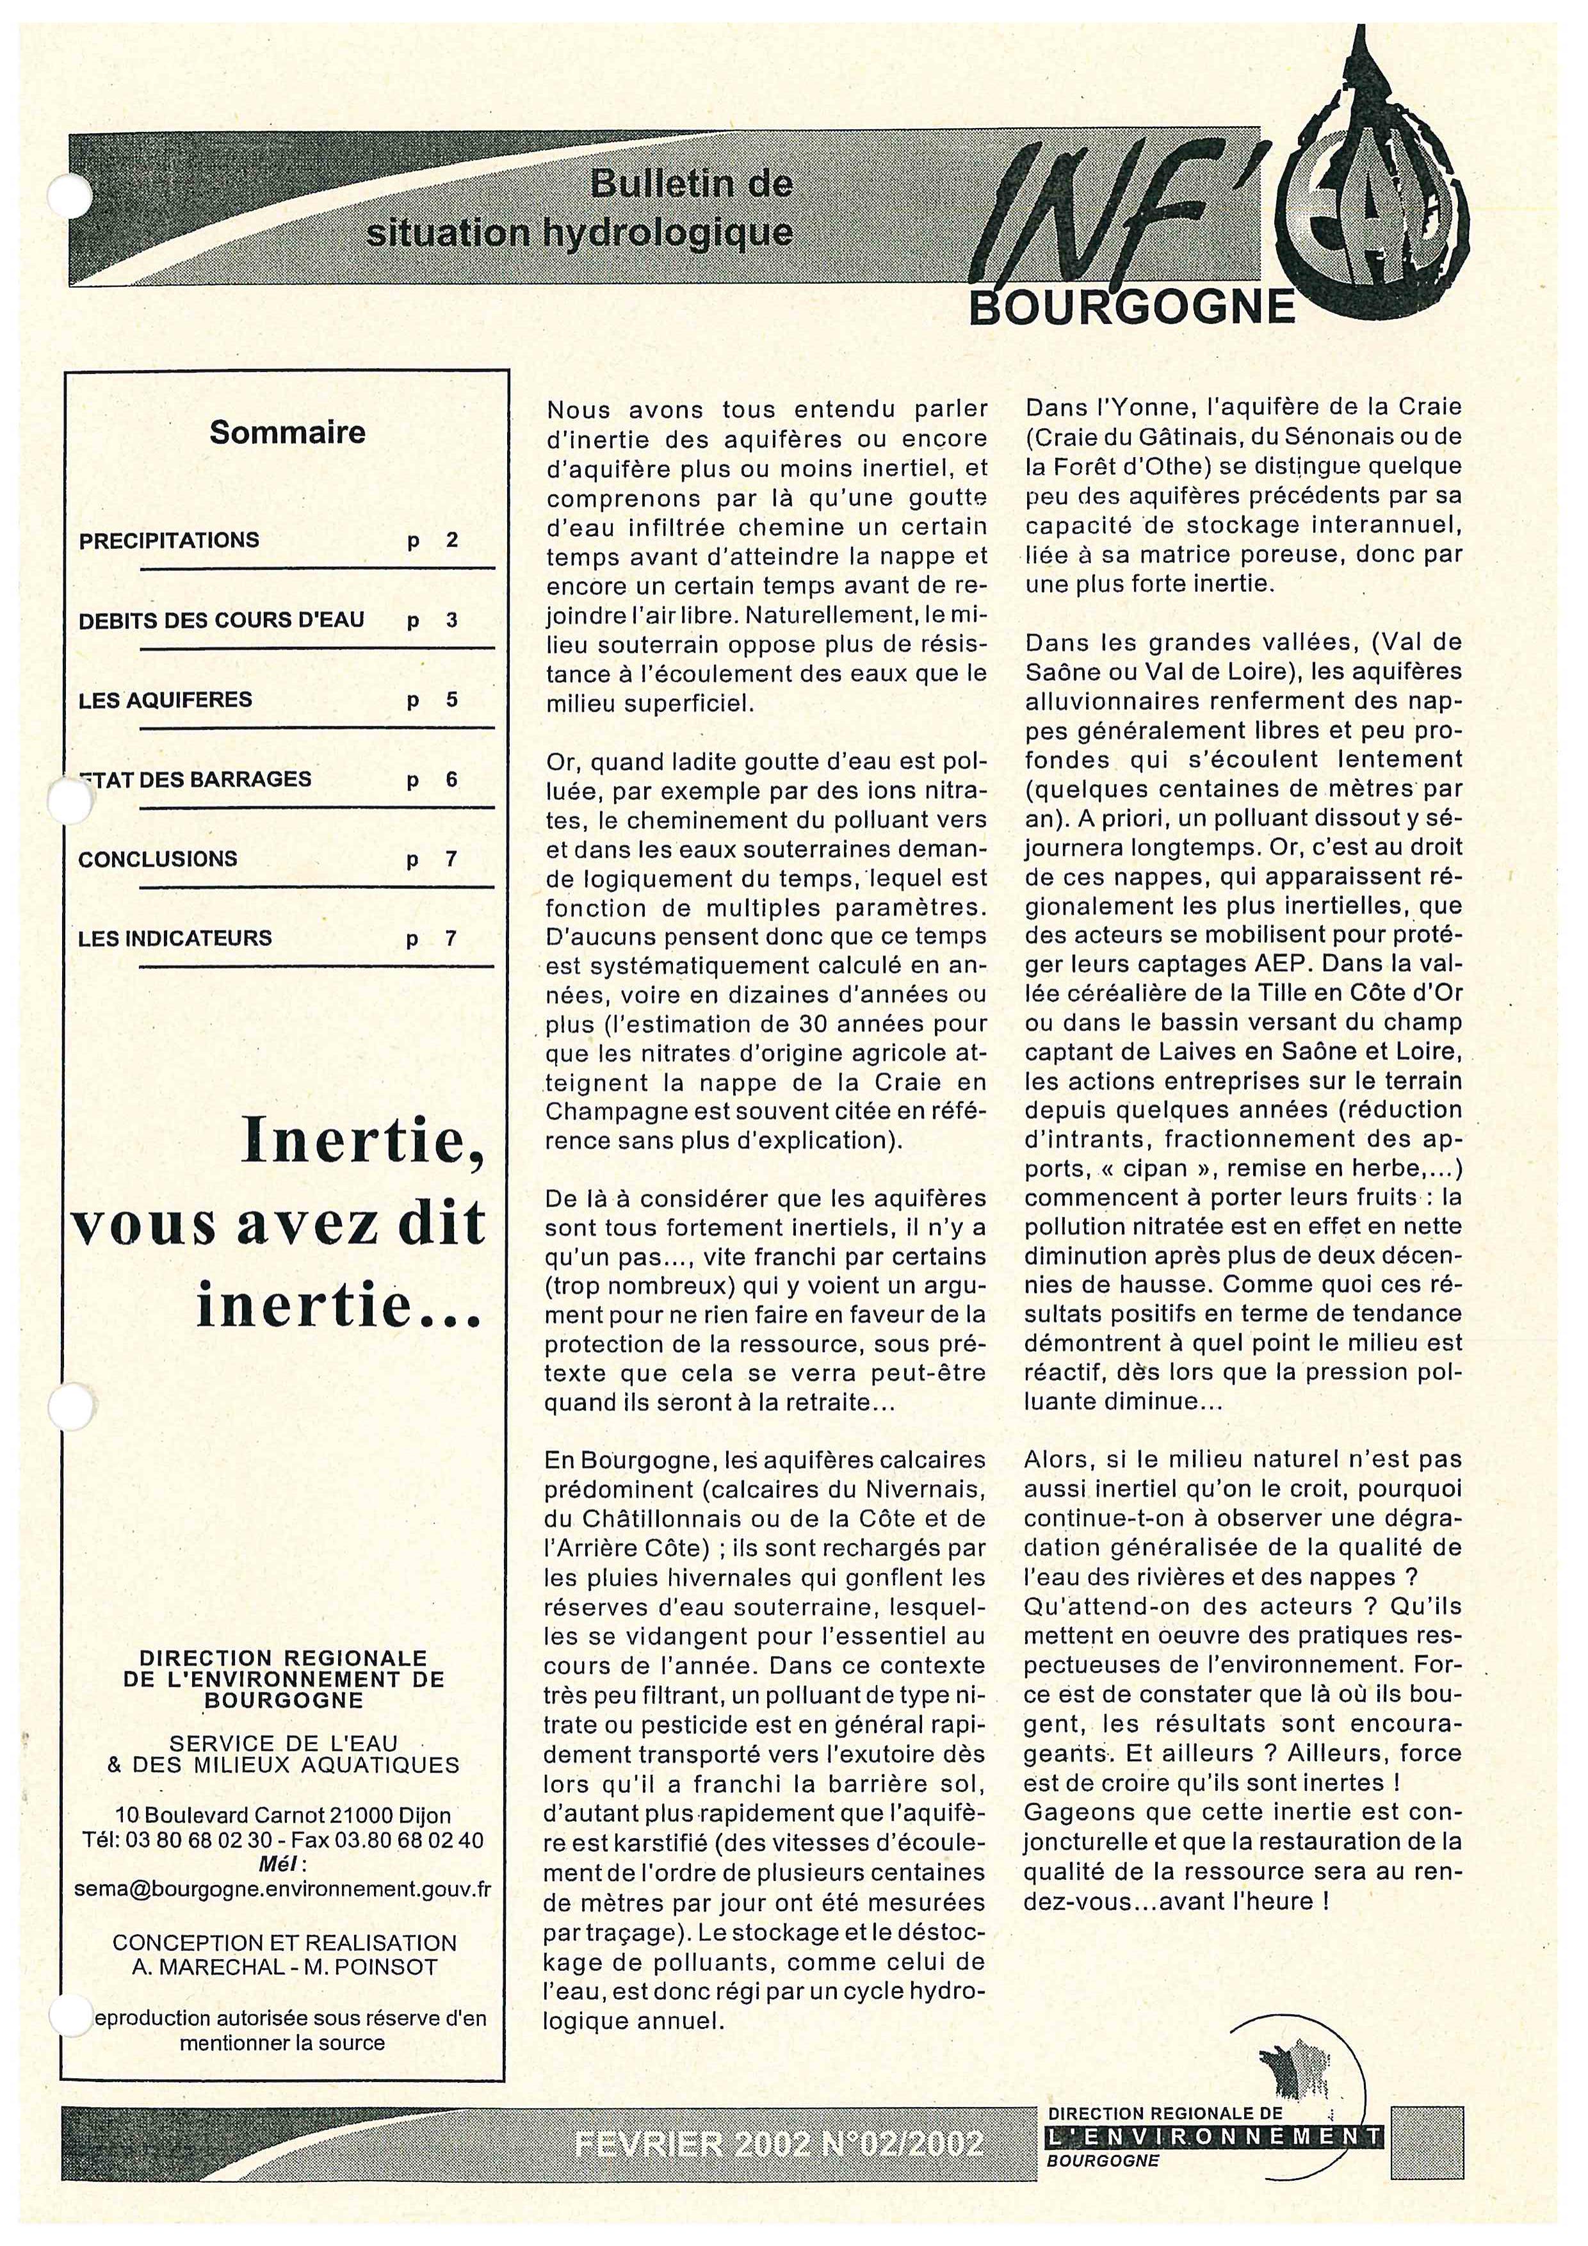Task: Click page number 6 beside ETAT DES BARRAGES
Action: [452, 779]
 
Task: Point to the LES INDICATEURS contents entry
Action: [175, 938]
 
